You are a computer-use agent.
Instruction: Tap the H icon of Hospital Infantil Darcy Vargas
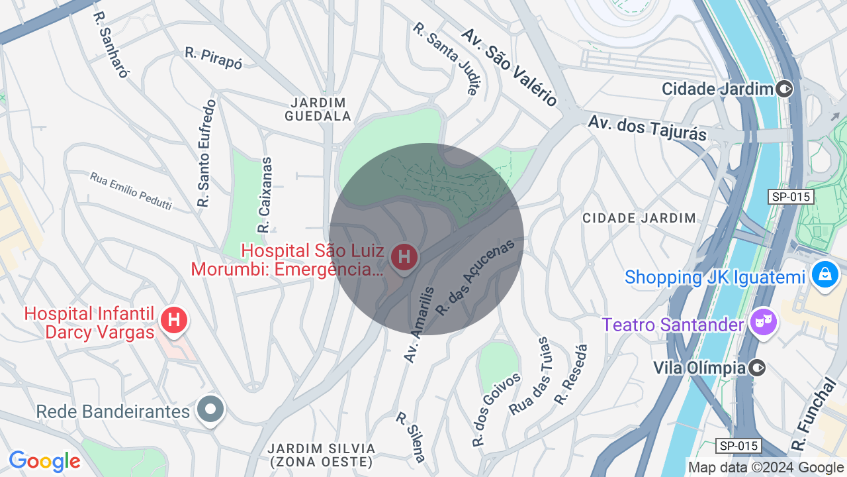coord(174,320)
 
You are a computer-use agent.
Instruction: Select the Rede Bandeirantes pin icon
coord(210,408)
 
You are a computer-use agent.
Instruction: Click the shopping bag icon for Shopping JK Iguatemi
coord(825,273)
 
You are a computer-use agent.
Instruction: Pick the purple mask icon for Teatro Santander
coord(764,323)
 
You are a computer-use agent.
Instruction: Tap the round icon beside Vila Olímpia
coord(758,368)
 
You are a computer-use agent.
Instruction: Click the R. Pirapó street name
coord(214,58)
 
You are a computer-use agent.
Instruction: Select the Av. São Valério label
coord(510,67)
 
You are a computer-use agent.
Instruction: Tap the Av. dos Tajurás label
coord(647,128)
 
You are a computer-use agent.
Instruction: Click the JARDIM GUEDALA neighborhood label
coord(318,109)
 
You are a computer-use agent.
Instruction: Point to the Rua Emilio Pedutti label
coord(131,191)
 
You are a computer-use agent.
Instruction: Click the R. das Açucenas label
coord(475,277)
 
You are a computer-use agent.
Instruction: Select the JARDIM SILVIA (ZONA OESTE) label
coord(322,455)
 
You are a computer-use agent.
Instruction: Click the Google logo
coord(45,462)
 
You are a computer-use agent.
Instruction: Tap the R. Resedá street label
coord(572,375)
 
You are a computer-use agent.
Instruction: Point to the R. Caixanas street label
coord(265,195)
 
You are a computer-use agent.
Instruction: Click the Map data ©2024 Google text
coord(766,467)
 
